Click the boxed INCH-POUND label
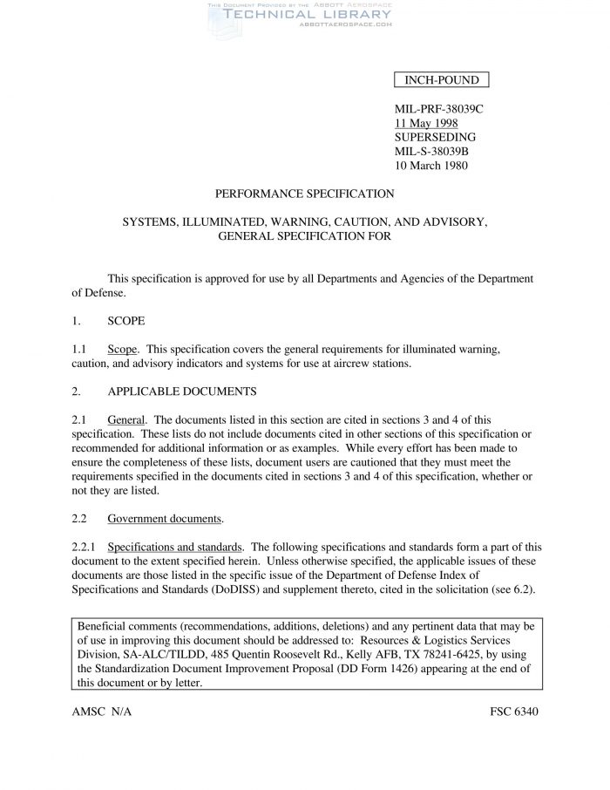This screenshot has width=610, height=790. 442,81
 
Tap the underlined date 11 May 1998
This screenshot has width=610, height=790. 426,124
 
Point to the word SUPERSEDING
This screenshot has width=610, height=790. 435,138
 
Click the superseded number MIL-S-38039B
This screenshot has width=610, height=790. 431,152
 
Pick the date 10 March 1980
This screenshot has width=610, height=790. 431,166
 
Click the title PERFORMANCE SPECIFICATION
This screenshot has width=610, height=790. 304,194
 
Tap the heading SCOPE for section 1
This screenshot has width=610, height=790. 125,320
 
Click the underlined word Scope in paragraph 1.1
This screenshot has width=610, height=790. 122,349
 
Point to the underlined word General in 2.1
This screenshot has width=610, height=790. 127,419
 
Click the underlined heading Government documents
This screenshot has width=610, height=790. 165,519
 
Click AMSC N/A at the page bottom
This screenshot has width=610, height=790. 102,711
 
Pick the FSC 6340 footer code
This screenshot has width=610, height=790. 514,711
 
